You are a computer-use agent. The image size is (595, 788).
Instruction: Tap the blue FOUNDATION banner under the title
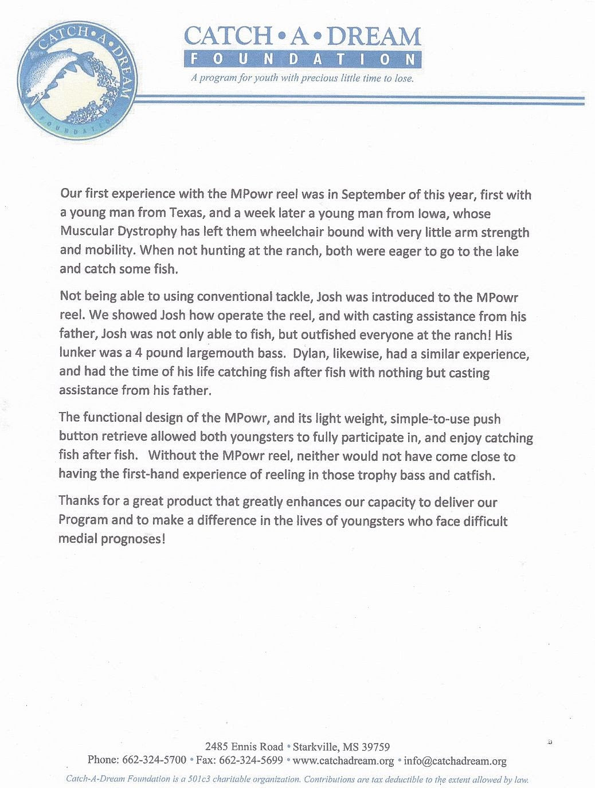coord(303,59)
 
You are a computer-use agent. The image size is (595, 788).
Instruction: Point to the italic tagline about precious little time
coord(302,78)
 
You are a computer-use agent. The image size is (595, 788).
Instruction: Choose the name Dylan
coord(309,353)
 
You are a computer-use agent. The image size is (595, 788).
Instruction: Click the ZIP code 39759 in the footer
coord(375,747)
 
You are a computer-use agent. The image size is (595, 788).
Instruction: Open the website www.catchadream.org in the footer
coord(343,760)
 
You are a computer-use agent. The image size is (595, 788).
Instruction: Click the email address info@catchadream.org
coord(455,760)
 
